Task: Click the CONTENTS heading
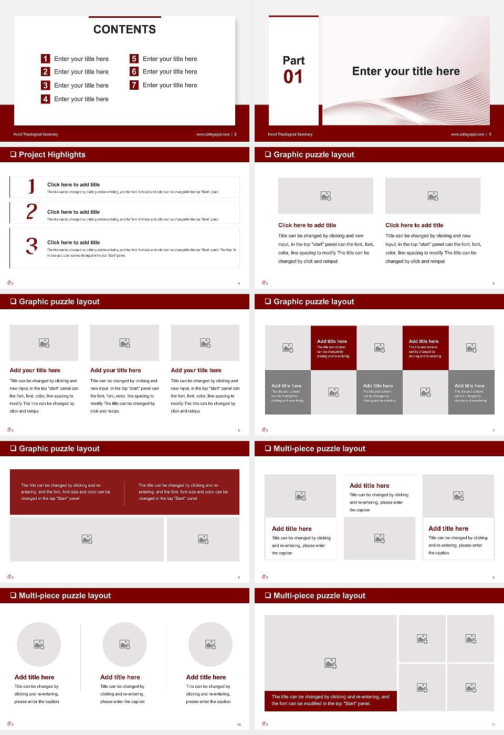(x=124, y=29)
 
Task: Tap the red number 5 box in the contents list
(x=134, y=59)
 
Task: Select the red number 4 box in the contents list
(x=46, y=99)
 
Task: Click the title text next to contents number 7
(x=170, y=85)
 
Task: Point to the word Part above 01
(x=293, y=60)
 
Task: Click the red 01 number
(x=293, y=77)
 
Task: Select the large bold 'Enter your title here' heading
(x=406, y=71)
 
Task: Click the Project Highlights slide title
(x=52, y=154)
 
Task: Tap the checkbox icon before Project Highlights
(x=13, y=154)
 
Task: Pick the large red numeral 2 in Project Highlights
(x=31, y=212)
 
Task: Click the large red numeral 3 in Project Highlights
(x=31, y=246)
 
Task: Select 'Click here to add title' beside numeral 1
(x=73, y=185)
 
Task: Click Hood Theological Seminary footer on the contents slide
(x=36, y=134)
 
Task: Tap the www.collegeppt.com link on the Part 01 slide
(x=467, y=134)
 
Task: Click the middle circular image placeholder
(x=124, y=644)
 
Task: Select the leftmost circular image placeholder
(x=39, y=644)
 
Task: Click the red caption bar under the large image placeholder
(x=330, y=700)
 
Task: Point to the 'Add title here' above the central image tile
(x=370, y=486)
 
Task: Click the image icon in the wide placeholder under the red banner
(x=87, y=539)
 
